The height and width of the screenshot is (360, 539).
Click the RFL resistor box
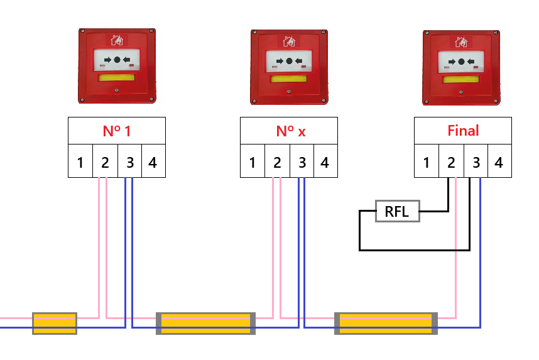[x=397, y=212]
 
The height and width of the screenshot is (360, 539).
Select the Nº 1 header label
[x=117, y=131]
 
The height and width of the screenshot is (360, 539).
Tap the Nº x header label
[x=289, y=131]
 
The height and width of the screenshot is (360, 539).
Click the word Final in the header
[x=463, y=131]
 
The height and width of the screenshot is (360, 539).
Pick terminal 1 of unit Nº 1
[x=80, y=163]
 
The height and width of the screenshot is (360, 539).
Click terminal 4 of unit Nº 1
[x=153, y=163]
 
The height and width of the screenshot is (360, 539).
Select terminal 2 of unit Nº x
[x=277, y=163]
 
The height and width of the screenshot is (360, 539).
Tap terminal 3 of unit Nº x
[x=302, y=163]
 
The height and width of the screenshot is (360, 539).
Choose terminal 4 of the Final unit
[x=499, y=163]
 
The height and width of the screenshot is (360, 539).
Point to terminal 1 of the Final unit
[x=427, y=163]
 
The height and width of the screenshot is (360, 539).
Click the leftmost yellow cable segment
[x=55, y=323]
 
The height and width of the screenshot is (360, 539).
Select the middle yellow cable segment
[x=205, y=323]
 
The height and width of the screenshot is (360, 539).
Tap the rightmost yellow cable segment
[x=385, y=323]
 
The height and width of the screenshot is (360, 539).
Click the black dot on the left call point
[x=117, y=60]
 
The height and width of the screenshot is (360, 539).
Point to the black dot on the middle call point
[x=290, y=61]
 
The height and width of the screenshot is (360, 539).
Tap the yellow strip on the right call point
[x=461, y=79]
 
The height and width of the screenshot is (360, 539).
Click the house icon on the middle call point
[x=290, y=41]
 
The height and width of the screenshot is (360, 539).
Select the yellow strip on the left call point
[x=116, y=78]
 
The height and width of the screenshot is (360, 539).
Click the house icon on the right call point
[x=462, y=42]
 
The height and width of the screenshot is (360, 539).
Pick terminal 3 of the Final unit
[x=476, y=163]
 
